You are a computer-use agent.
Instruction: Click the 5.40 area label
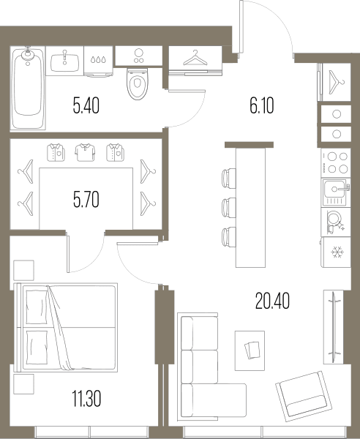(x=86, y=105)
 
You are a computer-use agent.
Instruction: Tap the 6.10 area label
(x=262, y=105)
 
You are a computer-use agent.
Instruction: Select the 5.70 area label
(x=86, y=200)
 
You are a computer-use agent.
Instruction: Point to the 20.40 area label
(x=272, y=301)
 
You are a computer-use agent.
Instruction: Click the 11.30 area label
(x=86, y=399)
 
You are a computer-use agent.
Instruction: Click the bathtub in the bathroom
(x=28, y=88)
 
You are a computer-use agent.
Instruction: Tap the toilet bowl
(x=137, y=83)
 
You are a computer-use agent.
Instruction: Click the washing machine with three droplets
(x=98, y=61)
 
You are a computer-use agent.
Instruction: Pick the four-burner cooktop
(x=336, y=163)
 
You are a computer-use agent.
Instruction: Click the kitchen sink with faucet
(x=336, y=192)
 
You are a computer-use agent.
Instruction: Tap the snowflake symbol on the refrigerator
(x=337, y=252)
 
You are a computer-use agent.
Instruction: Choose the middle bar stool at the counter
(x=229, y=208)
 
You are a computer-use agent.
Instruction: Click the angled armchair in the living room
(x=304, y=396)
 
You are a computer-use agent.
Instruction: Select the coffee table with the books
(x=250, y=350)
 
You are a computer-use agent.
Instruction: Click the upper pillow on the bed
(x=37, y=307)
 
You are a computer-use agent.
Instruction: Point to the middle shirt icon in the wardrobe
(x=85, y=153)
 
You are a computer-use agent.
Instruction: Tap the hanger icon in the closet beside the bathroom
(x=195, y=58)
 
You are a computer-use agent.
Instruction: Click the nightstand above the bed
(x=24, y=270)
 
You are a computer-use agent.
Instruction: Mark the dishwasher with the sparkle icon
(x=336, y=222)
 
